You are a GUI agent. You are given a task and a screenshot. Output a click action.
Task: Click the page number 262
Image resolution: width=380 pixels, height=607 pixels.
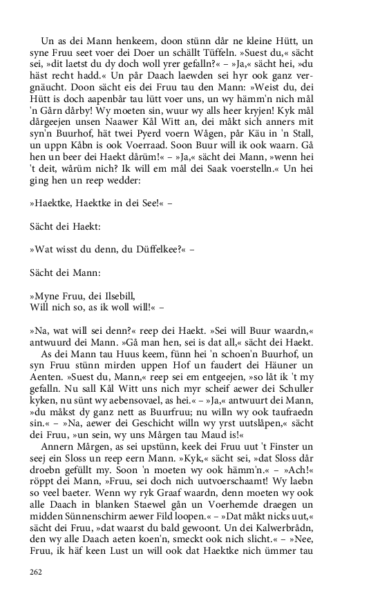(36, 571)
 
